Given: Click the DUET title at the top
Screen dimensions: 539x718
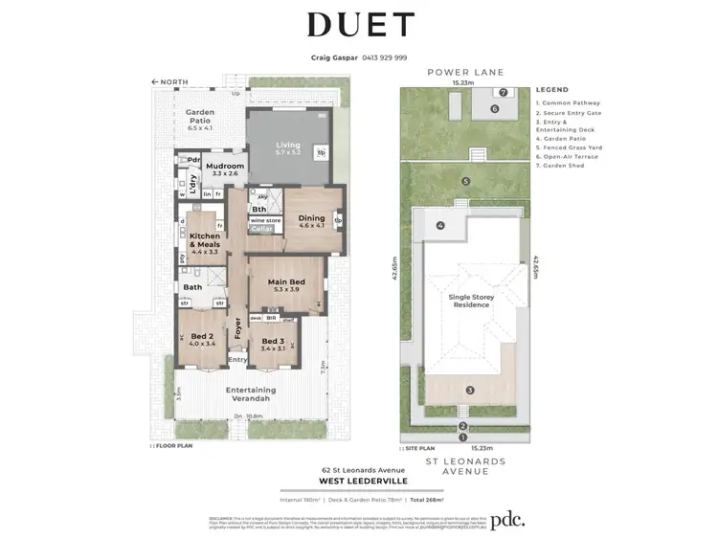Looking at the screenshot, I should pos(359,26).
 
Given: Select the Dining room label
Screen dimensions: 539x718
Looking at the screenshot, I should pos(312,219).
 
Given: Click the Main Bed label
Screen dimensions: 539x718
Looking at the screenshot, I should pos(286,281).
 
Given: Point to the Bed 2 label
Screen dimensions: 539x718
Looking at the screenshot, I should pos(202,336).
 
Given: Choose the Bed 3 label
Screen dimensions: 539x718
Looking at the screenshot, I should pos(273,341).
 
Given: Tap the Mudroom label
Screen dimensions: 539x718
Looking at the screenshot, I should pos(226,167).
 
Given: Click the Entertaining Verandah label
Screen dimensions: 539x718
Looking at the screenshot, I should pos(251,390).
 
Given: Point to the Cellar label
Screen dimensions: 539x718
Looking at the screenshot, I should pos(262,229).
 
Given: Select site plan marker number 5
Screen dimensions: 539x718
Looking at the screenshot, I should pos(465,181).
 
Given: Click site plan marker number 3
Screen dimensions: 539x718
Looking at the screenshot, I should pos(470,390).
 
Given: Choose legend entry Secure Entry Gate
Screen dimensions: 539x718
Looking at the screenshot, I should pos(569,111).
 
